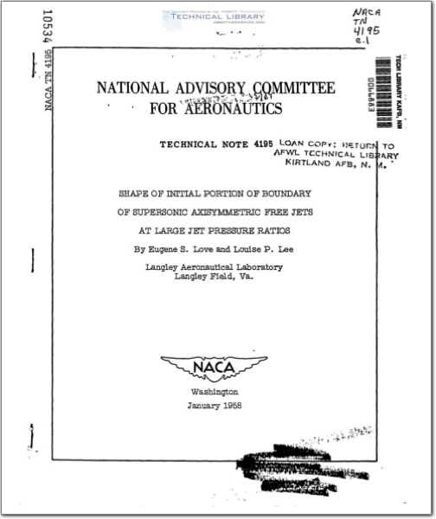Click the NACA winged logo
pos(214,368)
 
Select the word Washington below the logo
pos(214,392)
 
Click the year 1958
pos(231,405)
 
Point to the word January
pos(202,405)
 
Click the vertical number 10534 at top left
pos(48,30)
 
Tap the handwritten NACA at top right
pos(363,14)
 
